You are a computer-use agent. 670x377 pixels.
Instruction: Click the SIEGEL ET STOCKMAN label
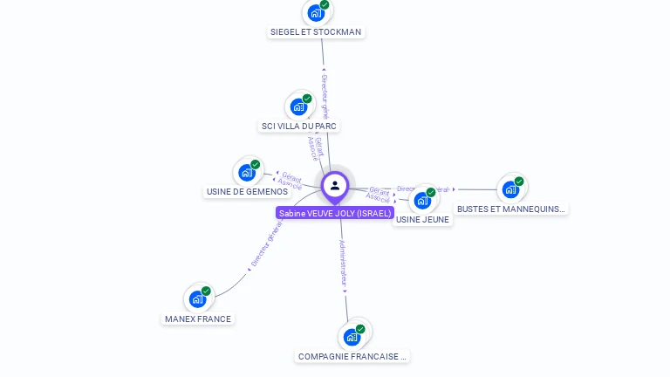click(316, 32)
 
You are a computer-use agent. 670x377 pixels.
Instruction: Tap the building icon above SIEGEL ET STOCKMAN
click(315, 13)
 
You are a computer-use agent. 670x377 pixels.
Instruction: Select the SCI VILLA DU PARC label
click(299, 127)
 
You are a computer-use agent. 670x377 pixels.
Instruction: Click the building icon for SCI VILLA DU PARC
click(298, 106)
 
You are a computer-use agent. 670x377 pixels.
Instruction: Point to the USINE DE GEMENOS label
click(247, 192)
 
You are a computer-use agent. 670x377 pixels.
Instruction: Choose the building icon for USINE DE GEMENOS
click(247, 172)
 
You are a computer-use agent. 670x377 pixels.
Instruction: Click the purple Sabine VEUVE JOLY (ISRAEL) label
click(335, 213)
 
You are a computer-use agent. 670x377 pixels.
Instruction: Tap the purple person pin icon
click(335, 186)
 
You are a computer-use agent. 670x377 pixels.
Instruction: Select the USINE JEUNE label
click(422, 220)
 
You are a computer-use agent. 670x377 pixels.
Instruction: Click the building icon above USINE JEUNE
click(422, 200)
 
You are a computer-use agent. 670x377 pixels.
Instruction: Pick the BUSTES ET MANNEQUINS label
click(511, 209)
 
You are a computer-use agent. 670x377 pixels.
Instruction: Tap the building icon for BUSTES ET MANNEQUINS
click(510, 188)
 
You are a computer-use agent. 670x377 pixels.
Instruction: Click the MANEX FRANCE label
click(198, 319)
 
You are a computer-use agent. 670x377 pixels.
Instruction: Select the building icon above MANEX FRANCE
click(198, 298)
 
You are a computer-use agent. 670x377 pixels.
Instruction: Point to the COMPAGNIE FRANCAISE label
click(352, 357)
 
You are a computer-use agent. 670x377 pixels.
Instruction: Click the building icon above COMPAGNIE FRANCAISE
click(352, 336)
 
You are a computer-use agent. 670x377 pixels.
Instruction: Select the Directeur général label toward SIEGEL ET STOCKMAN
click(325, 95)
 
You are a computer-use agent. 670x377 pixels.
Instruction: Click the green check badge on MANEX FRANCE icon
click(206, 291)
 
